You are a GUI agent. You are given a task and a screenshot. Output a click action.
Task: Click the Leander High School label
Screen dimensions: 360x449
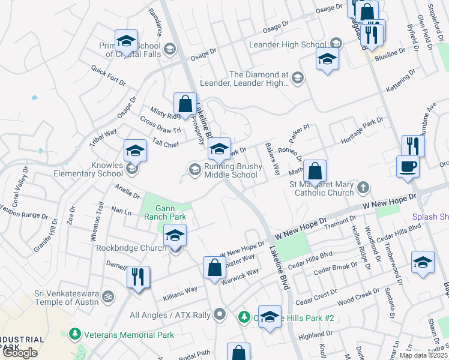(x=302, y=44)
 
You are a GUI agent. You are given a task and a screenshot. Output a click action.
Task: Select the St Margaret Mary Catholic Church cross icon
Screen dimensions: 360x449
(x=362, y=188)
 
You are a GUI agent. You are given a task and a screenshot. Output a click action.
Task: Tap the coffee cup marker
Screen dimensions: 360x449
(x=408, y=167)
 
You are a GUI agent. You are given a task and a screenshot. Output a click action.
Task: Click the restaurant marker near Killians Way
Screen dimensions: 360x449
(x=138, y=277)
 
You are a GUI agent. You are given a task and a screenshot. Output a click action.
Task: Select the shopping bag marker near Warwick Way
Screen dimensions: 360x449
(x=214, y=268)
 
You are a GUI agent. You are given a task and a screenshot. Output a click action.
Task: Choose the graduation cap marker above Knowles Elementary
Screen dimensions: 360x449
(x=135, y=151)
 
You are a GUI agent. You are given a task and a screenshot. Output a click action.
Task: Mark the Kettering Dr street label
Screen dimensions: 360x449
(x=400, y=80)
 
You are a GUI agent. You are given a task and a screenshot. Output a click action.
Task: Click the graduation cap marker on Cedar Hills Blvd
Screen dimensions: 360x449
(x=423, y=262)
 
